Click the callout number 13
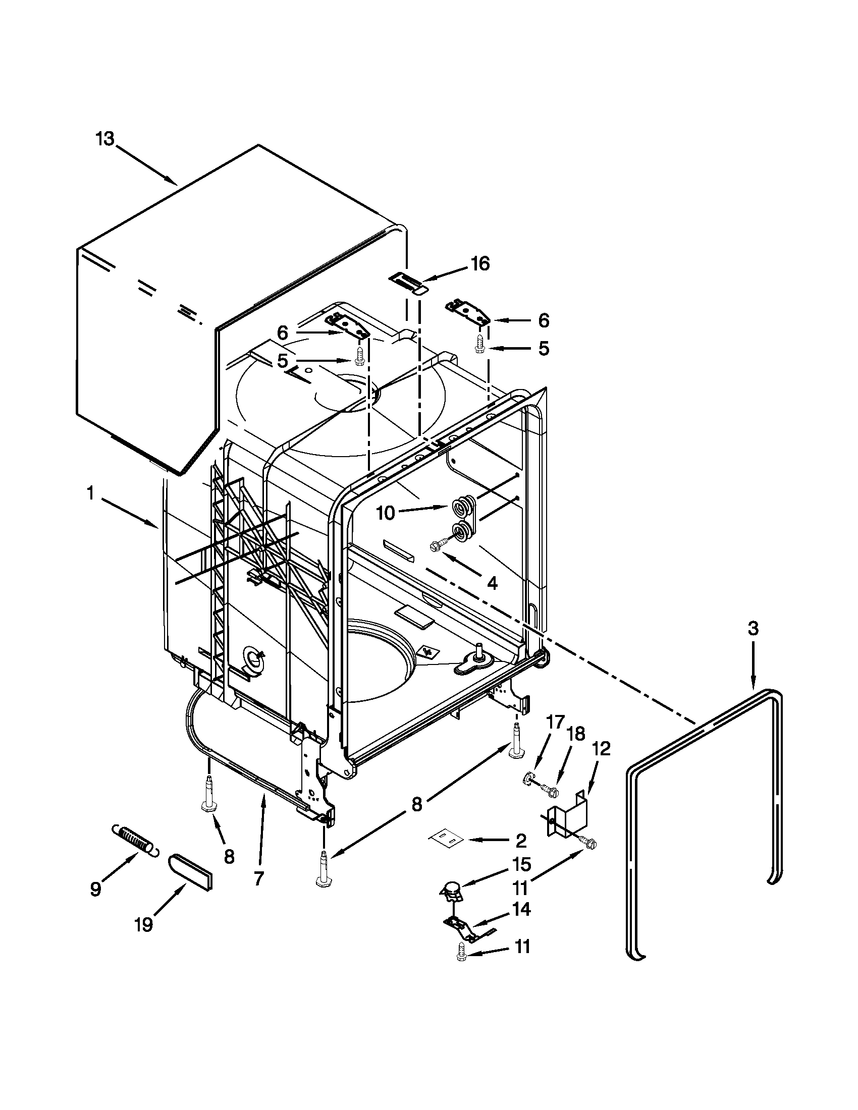point(105,139)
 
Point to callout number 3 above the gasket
point(753,629)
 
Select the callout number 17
point(555,721)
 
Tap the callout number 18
point(576,734)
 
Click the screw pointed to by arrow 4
point(437,545)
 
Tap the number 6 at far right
point(544,320)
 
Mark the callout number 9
point(95,889)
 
